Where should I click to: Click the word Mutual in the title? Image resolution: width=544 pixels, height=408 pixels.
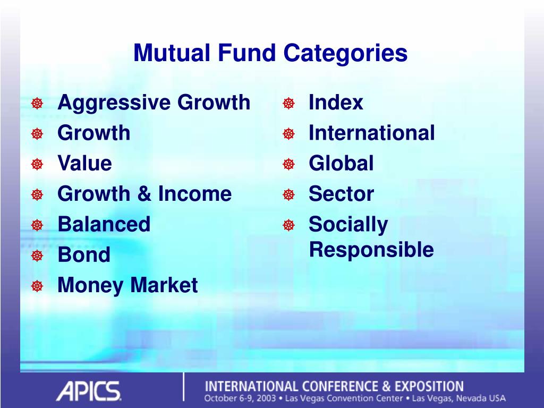pos(172,53)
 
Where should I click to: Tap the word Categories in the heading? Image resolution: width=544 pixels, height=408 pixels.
pos(345,54)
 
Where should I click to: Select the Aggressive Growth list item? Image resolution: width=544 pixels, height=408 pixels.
pos(154,103)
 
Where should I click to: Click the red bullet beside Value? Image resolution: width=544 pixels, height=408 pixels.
pos(37,164)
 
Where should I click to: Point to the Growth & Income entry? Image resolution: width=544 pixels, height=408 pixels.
pos(144,193)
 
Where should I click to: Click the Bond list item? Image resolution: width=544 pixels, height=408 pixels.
pos(84,254)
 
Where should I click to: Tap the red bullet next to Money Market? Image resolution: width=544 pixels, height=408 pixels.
pos(37,286)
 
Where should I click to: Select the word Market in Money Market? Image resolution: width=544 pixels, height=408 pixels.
pos(164,285)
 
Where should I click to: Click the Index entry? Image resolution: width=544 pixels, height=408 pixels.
pos(336,102)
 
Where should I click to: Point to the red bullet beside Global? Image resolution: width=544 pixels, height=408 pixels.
pos(288,164)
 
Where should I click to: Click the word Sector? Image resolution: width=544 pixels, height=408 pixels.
pos(342,193)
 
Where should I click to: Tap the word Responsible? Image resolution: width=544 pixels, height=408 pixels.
pos(371,250)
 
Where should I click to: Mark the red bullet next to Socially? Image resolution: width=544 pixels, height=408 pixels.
pos(288,225)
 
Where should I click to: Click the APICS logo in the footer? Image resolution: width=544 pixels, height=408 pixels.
pos(89,391)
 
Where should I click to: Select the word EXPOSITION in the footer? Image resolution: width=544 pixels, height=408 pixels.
pos(429,387)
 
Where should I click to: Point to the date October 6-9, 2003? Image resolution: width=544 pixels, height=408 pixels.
pos(240,398)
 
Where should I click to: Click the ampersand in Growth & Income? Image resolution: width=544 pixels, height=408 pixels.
pos(144,193)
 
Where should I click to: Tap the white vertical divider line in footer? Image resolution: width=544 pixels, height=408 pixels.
pos(183,387)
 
